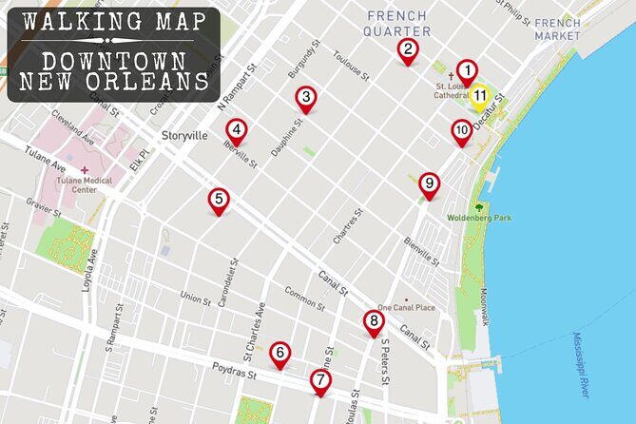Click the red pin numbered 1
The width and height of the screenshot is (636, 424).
click(x=466, y=71)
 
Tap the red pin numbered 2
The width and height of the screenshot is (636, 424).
click(x=408, y=50)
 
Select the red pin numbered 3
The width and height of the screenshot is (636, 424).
click(x=305, y=97)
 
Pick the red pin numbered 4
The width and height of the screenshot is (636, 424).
click(x=237, y=130)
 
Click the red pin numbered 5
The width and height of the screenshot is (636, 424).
click(x=220, y=200)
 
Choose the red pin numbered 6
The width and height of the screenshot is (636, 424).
click(x=279, y=354)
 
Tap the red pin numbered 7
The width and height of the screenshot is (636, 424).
click(x=321, y=381)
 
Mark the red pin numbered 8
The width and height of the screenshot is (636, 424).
click(x=373, y=322)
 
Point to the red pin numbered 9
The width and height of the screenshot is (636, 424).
click(x=429, y=183)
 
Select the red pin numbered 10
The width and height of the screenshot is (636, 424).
click(x=462, y=131)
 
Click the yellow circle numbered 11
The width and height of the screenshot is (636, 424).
click(x=480, y=96)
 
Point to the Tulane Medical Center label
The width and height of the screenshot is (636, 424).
click(x=85, y=183)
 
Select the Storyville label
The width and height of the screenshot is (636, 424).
click(x=184, y=136)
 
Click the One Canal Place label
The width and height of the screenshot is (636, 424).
click(x=406, y=307)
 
